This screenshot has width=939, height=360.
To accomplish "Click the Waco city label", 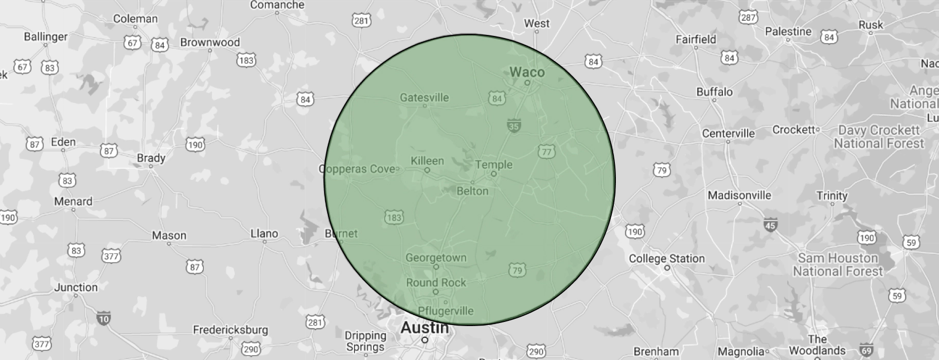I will [527, 72].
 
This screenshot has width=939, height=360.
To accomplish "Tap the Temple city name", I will [493, 165].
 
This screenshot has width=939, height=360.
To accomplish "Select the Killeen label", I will [427, 160].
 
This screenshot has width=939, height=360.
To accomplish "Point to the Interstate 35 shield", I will [513, 125].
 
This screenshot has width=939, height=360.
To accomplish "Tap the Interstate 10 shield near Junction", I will [103, 318].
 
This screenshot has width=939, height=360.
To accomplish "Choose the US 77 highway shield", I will [546, 151].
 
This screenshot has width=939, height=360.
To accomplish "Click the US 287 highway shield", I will [748, 17].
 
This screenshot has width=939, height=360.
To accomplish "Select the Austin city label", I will [424, 327].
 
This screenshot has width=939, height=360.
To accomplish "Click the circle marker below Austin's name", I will [424, 340].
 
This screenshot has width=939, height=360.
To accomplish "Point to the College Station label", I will [667, 258].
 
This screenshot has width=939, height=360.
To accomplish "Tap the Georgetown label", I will [436, 258].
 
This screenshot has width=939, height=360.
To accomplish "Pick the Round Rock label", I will [436, 282].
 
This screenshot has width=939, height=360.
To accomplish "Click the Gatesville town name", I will [424, 97].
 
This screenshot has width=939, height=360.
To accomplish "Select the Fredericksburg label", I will [231, 330].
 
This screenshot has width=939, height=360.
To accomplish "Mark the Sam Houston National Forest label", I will [838, 264].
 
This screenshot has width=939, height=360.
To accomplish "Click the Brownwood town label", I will [210, 42].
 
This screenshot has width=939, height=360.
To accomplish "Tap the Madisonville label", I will [739, 195].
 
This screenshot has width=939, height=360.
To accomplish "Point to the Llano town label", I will [264, 233].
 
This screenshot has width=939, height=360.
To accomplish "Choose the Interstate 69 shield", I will [866, 351].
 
